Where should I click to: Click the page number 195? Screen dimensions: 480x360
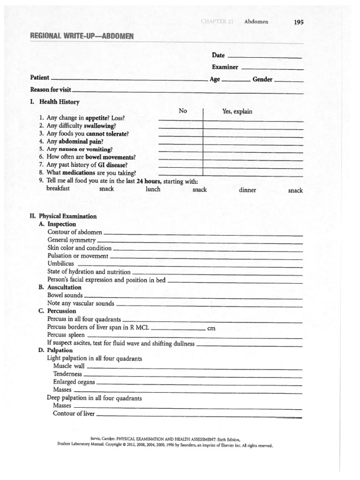(299, 21)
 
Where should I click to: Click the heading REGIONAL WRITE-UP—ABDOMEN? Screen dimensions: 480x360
(82, 36)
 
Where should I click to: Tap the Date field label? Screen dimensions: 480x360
(218, 55)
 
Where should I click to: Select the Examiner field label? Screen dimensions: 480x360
(225, 67)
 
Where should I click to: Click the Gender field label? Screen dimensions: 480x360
(262, 79)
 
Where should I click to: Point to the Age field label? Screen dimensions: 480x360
(215, 79)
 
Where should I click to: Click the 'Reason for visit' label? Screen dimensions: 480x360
(51, 89)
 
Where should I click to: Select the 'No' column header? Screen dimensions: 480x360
(183, 111)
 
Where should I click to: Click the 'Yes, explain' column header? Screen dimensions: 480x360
(237, 111)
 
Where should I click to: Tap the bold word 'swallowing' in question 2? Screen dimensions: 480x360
(100, 126)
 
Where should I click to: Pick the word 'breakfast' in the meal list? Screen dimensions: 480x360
(58, 188)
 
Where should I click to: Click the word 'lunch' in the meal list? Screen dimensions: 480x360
(153, 189)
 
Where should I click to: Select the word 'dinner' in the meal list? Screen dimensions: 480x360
(247, 190)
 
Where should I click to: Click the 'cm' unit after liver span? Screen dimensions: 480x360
(211, 329)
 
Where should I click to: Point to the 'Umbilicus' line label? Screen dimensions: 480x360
(60, 263)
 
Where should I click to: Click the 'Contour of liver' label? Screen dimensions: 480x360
(74, 413)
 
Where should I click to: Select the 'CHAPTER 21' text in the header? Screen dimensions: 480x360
(217, 22)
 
